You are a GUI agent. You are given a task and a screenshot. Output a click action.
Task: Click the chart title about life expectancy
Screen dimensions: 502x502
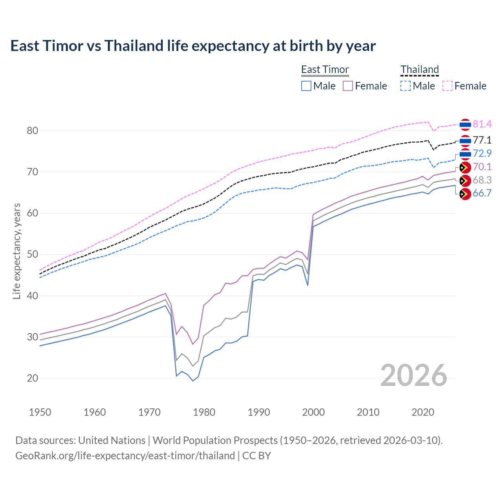193,46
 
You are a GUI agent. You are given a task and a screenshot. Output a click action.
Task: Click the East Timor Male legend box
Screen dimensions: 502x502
306,86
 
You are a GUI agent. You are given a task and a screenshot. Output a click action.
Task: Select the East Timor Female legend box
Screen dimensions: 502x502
348,86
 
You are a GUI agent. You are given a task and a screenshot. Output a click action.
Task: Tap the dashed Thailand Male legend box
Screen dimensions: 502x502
406,86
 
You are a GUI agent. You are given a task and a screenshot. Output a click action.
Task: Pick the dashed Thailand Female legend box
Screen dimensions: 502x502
447,86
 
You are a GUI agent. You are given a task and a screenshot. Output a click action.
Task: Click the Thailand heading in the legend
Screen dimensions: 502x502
419,69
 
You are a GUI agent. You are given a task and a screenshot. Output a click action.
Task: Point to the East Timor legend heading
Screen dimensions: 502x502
325,69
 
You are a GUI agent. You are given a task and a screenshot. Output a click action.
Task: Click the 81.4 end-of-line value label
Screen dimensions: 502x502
482,124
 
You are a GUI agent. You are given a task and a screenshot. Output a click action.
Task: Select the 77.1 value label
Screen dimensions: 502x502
482,140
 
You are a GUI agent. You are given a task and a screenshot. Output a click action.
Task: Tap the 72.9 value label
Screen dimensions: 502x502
482,154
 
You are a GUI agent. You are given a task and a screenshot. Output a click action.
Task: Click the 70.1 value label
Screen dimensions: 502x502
482,167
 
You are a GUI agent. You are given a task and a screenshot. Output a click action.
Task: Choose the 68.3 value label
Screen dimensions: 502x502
482,180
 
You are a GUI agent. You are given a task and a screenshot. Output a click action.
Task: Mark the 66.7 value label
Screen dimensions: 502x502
482,193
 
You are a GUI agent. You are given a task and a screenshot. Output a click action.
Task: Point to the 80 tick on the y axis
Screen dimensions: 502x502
32,131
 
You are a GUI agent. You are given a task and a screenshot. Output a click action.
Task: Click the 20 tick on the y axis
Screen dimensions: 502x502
32,378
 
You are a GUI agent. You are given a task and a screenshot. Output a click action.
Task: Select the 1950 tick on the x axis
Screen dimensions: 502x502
40,412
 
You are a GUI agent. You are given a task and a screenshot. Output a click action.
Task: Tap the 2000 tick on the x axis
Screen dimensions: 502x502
313,412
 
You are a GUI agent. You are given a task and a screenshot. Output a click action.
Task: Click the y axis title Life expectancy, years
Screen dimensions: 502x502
17,251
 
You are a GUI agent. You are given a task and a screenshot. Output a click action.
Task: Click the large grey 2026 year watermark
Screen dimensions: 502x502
413,375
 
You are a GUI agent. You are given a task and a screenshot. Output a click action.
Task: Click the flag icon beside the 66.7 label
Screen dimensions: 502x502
465,194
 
